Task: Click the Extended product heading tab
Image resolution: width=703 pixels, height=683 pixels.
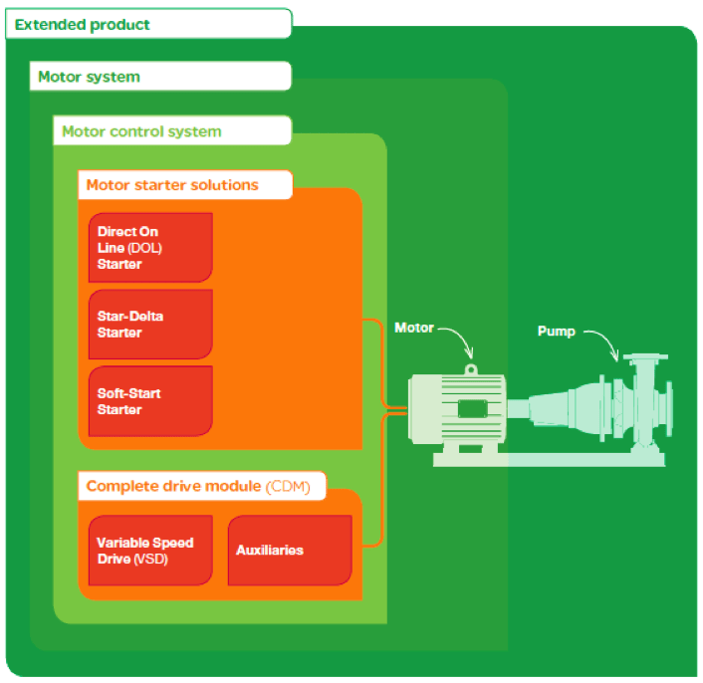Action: tap(148, 24)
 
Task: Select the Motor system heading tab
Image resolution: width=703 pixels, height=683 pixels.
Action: tap(160, 77)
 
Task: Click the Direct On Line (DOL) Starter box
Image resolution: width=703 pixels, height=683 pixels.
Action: tap(150, 247)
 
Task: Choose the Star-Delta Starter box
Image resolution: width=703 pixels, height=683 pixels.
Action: tap(150, 324)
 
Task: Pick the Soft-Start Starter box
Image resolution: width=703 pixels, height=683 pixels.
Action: tap(150, 401)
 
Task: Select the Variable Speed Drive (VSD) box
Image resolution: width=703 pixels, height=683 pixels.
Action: tap(150, 551)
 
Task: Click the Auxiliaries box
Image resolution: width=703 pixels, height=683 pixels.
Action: tap(290, 551)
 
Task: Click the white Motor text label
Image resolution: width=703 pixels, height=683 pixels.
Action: tap(414, 328)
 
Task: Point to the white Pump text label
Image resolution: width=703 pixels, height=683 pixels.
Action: tap(556, 332)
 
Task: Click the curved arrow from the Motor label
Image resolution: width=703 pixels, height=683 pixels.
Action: tap(462, 336)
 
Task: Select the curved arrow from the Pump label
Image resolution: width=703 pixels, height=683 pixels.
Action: tap(608, 340)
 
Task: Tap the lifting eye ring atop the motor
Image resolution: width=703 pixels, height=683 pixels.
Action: tap(471, 369)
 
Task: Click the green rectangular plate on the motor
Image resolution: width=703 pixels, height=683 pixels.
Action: tap(473, 408)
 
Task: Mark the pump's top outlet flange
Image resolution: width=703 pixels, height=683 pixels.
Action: tap(645, 357)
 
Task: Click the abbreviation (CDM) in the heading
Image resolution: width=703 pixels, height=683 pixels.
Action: tap(288, 486)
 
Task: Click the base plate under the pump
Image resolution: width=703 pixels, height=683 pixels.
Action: tap(550, 459)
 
